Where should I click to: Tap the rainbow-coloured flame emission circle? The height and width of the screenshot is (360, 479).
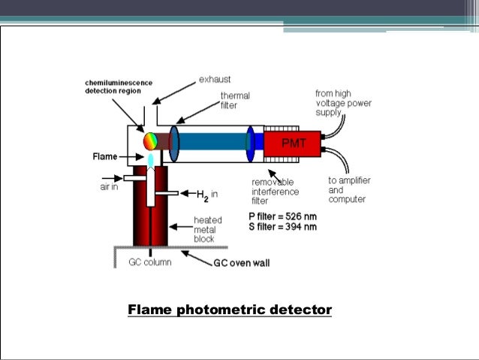[152, 141]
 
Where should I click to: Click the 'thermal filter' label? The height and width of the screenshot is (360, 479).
[234, 101]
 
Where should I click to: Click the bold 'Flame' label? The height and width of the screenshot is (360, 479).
[105, 157]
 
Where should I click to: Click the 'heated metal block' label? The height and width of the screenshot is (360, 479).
[208, 229]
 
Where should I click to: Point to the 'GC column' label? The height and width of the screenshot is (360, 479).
[149, 262]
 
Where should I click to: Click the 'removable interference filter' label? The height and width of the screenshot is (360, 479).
[274, 192]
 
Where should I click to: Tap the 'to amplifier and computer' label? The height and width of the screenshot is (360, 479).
[349, 189]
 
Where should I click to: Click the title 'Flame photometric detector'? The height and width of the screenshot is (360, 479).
[230, 310]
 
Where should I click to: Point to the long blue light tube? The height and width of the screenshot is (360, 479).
[213, 143]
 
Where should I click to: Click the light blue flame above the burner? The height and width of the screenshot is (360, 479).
[151, 161]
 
